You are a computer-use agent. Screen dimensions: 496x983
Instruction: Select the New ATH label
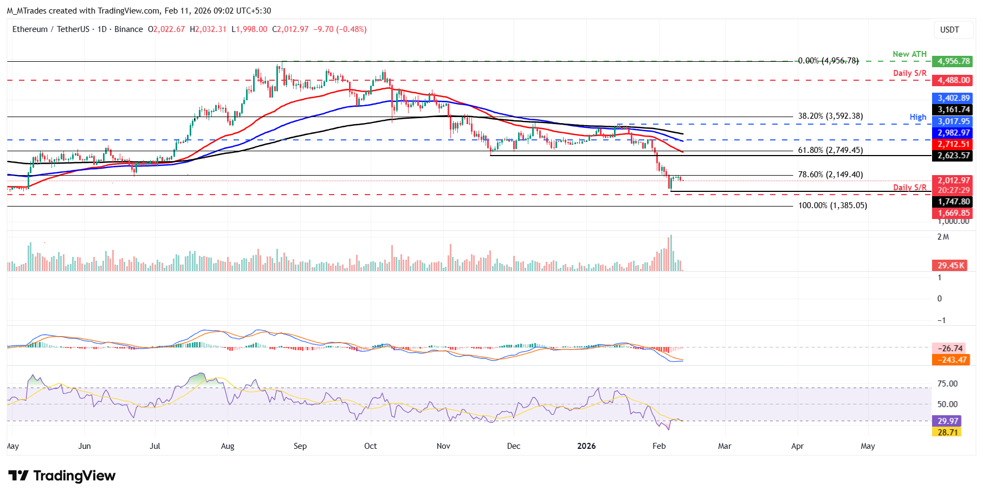pyautogui.click(x=909, y=54)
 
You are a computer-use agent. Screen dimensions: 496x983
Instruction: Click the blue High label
pyautogui.click(x=918, y=117)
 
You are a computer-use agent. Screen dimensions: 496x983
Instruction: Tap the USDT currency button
pyautogui.click(x=949, y=30)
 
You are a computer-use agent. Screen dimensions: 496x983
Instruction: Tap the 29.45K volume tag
pyautogui.click(x=951, y=265)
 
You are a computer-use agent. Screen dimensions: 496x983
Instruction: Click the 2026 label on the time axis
pyautogui.click(x=586, y=446)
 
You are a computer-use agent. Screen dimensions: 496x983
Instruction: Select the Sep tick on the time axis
pyautogui.click(x=300, y=446)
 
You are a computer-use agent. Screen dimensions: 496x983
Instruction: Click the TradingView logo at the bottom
pyautogui.click(x=62, y=475)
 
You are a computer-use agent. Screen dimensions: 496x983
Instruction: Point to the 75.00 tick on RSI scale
pyautogui.click(x=948, y=384)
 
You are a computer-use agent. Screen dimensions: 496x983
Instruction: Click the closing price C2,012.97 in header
pyautogui.click(x=290, y=29)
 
